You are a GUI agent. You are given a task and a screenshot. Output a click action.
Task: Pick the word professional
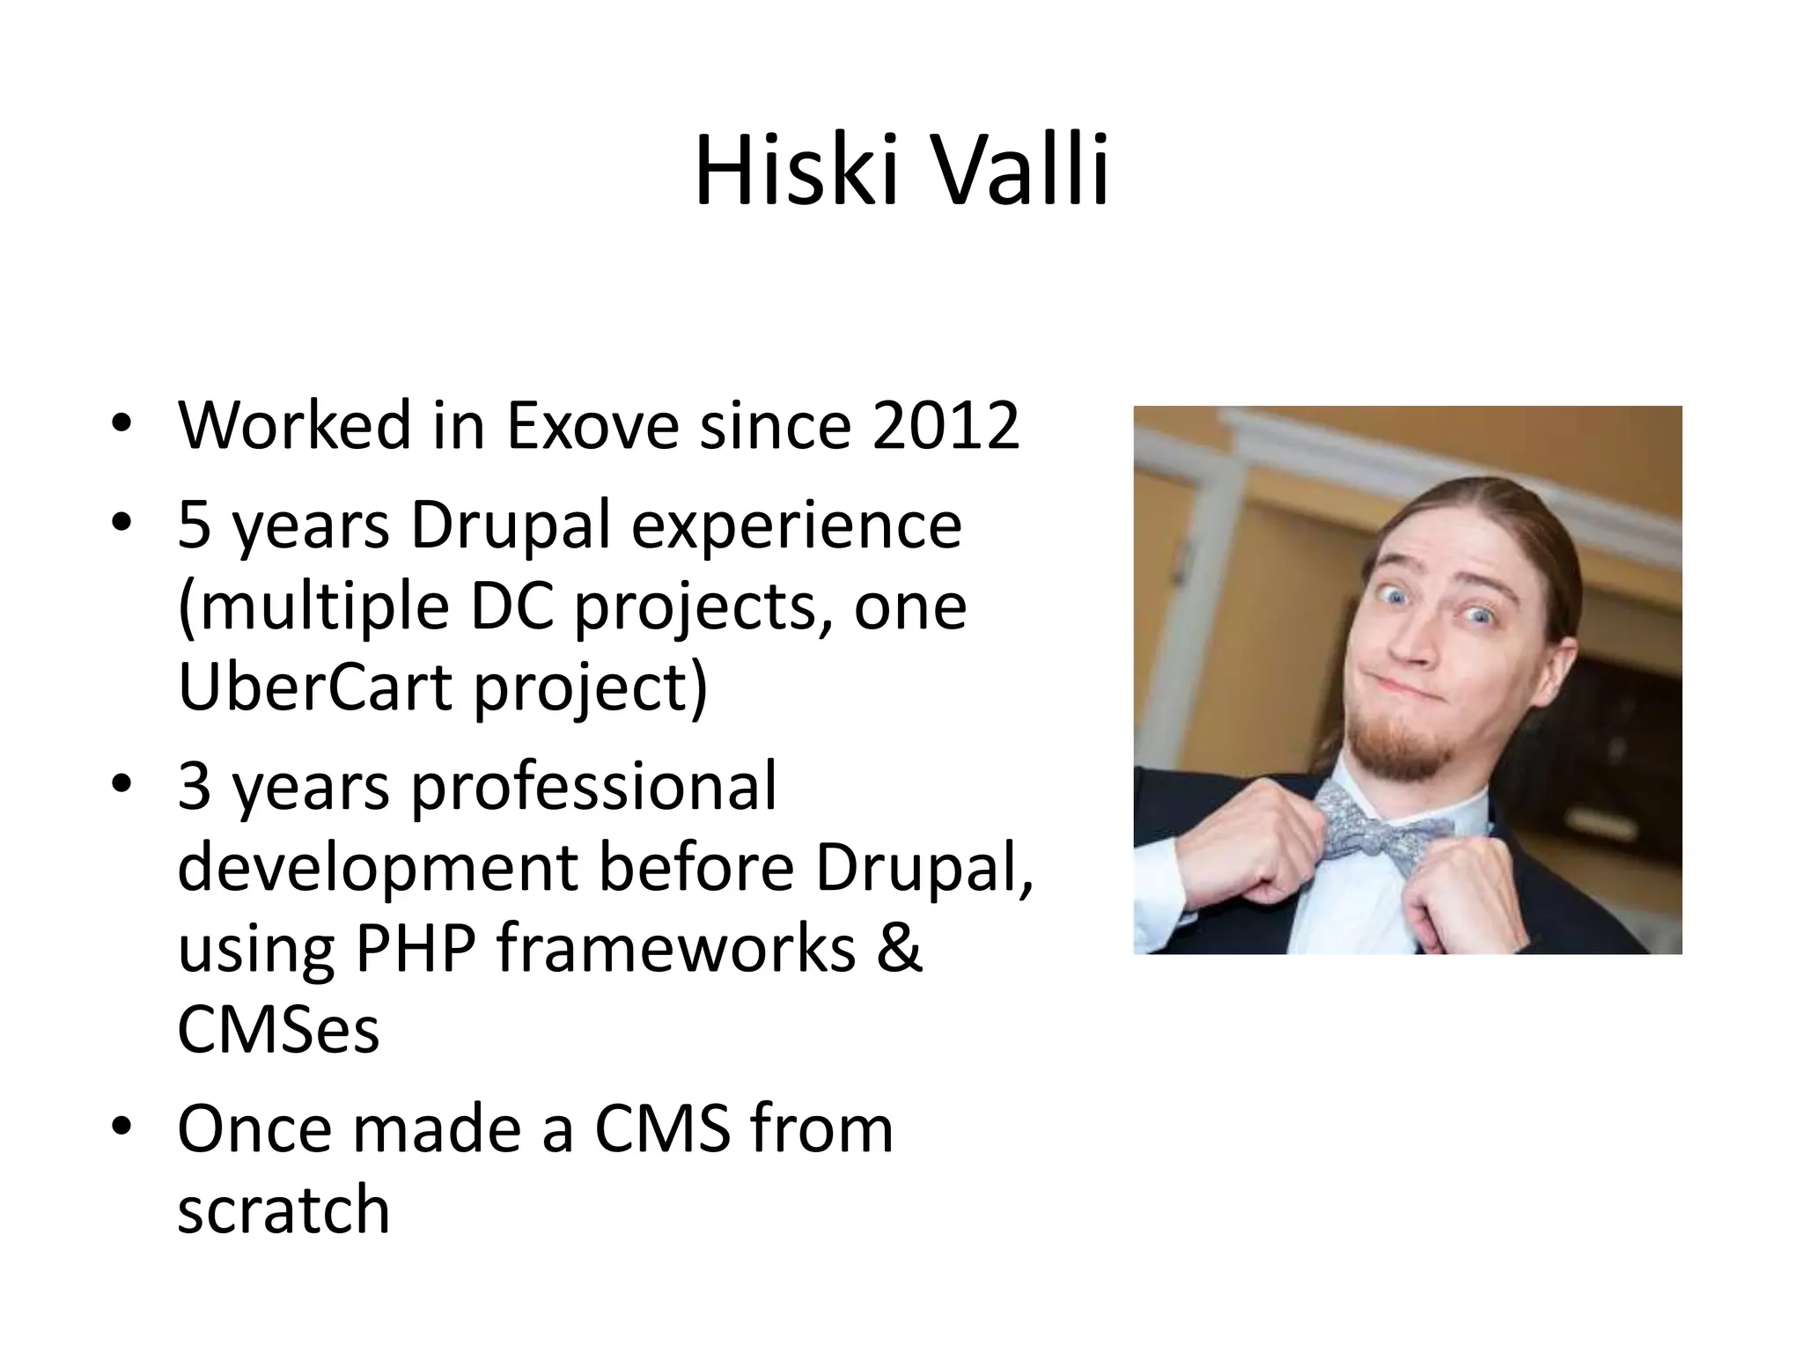coord(593,786)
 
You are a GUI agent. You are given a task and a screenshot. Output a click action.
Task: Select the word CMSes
coord(278,1029)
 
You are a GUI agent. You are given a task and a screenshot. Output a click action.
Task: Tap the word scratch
coord(283,1209)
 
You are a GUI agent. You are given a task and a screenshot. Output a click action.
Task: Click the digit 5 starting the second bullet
coord(194,525)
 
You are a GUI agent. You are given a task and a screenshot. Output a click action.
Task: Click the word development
coord(377,867)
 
